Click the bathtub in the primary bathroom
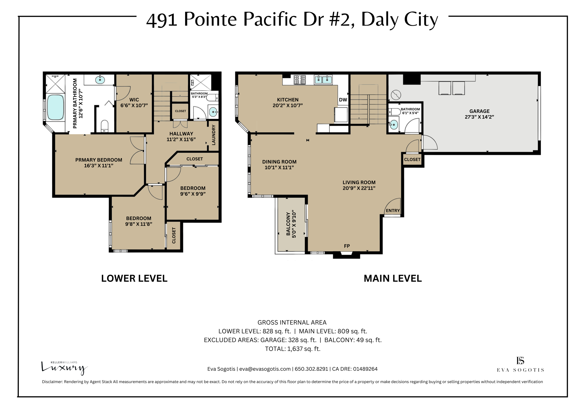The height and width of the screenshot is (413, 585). (55, 107)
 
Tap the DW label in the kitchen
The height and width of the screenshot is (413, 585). (343, 100)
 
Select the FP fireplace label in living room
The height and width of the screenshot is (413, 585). (347, 246)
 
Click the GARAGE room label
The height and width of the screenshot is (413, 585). (479, 111)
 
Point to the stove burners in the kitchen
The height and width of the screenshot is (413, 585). (300, 80)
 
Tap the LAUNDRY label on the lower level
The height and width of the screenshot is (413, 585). (213, 135)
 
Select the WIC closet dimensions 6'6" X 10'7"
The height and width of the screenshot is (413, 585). (134, 105)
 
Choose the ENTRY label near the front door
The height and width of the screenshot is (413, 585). (393, 210)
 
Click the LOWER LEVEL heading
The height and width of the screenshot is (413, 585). (134, 278)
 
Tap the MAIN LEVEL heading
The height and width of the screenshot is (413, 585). (392, 278)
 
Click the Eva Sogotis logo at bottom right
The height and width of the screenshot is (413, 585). (520, 365)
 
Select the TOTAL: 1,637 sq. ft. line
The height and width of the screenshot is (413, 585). (292, 349)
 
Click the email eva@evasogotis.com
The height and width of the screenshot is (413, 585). (265, 369)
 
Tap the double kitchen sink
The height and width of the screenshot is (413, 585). (323, 80)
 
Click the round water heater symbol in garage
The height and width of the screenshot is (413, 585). (396, 95)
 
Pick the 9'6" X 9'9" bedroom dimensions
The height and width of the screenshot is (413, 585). (193, 194)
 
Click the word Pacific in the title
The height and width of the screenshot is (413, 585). (269, 20)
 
